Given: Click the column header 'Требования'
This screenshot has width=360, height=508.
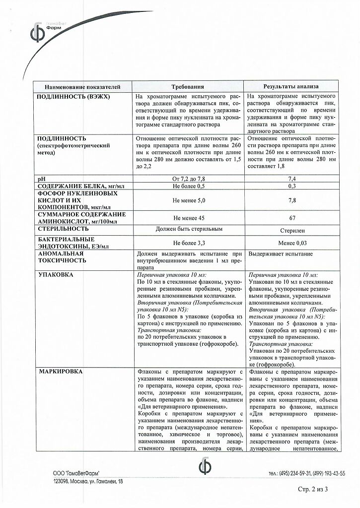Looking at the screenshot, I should coord(188,86).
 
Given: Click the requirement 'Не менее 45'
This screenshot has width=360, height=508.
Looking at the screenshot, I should coord(188,217).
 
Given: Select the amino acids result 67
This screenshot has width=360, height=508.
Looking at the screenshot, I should coord(292,217).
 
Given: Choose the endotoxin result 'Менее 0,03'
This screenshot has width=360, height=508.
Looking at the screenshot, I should coord(292,243).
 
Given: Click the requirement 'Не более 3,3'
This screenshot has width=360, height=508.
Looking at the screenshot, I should coord(188,243).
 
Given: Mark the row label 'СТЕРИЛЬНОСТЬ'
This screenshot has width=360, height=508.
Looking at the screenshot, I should coord(62,229).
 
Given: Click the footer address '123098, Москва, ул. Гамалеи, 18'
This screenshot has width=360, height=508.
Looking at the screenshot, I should coord(88,481).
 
